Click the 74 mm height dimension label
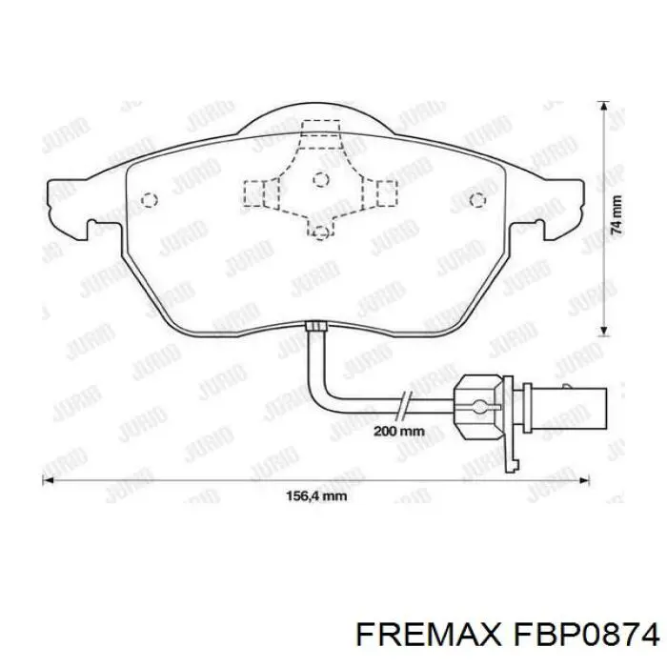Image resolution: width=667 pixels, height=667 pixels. coord(616,215)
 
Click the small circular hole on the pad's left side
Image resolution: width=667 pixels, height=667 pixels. coord(148,199)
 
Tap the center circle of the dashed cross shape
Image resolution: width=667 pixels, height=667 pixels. coord(321,179)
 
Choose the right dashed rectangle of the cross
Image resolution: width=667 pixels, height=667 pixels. coord(388,194)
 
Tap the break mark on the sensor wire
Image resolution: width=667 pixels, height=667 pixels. coord(406,404)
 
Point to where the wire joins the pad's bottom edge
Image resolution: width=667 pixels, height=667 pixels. coord(316,328)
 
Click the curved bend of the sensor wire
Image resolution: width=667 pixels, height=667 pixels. coord(326,395)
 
